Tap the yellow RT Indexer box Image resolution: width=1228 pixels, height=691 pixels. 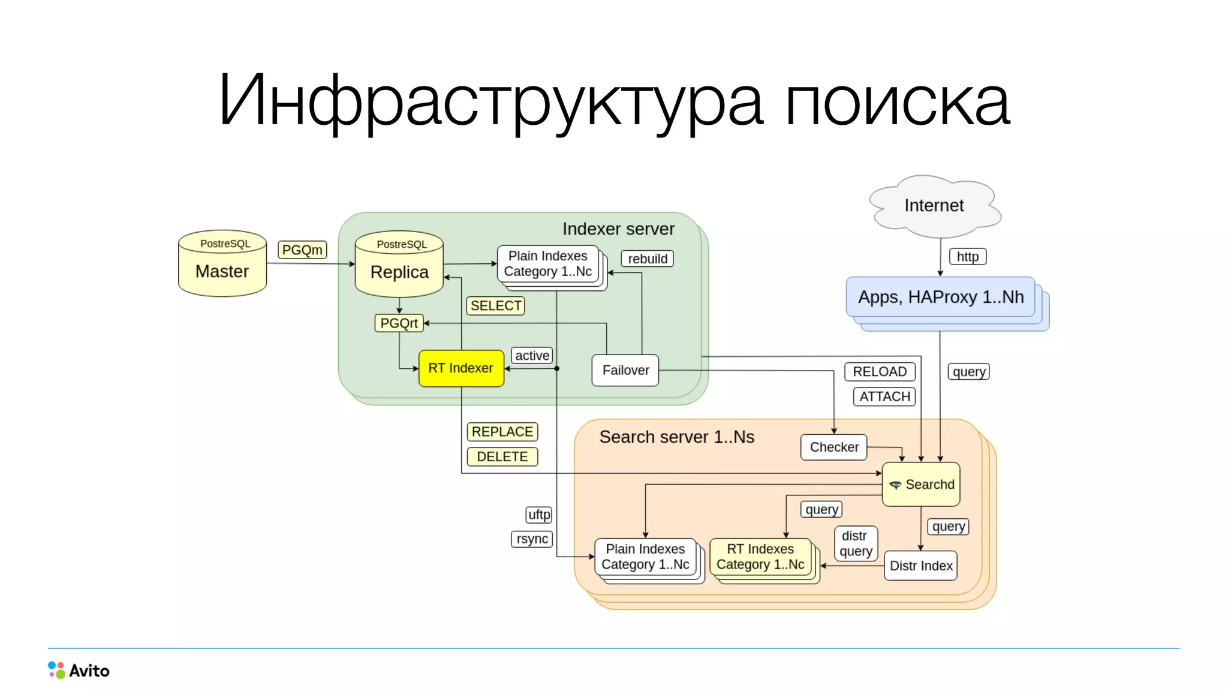pos(461,368)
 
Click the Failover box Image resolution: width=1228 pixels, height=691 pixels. pos(625,370)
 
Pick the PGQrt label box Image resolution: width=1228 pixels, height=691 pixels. pos(399,323)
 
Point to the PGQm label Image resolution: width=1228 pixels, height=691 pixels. pos(302,250)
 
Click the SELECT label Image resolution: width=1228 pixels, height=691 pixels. pos(495,306)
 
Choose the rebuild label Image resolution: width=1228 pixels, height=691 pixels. pos(647,259)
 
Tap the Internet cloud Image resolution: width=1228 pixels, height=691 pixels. pos(934,206)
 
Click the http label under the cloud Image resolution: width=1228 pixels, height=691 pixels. pos(967,257)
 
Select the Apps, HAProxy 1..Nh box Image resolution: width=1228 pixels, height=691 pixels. pos(940,297)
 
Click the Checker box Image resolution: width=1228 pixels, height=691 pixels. pos(833,447)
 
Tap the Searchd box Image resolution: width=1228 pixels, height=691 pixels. pos(921,484)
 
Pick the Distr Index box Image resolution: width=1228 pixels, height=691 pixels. pos(920,566)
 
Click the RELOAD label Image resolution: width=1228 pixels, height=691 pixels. pos(880,372)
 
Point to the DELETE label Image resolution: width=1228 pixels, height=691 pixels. pos(502,457)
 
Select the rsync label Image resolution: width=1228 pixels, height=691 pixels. pos(532,539)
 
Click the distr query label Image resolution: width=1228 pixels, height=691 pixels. pos(856,543)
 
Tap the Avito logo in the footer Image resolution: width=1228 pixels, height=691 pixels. pos(79,670)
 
